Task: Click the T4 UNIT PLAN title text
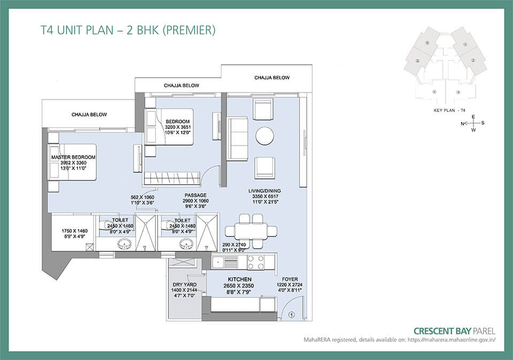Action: (x=128, y=30)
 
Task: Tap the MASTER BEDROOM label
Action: (x=73, y=157)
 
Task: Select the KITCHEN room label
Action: (x=239, y=279)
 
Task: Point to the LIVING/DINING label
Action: (x=264, y=190)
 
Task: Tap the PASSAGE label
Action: (x=196, y=195)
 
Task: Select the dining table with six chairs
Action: (x=251, y=231)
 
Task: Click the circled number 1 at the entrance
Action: (x=292, y=315)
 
